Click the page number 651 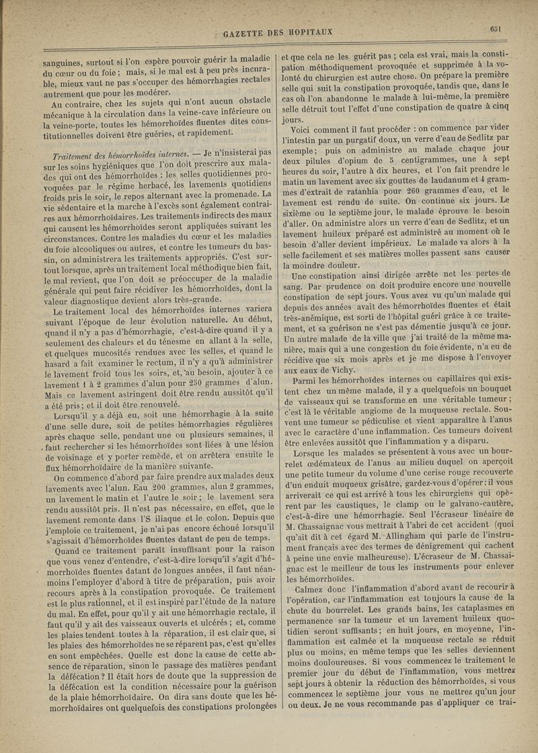pos(497,28)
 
